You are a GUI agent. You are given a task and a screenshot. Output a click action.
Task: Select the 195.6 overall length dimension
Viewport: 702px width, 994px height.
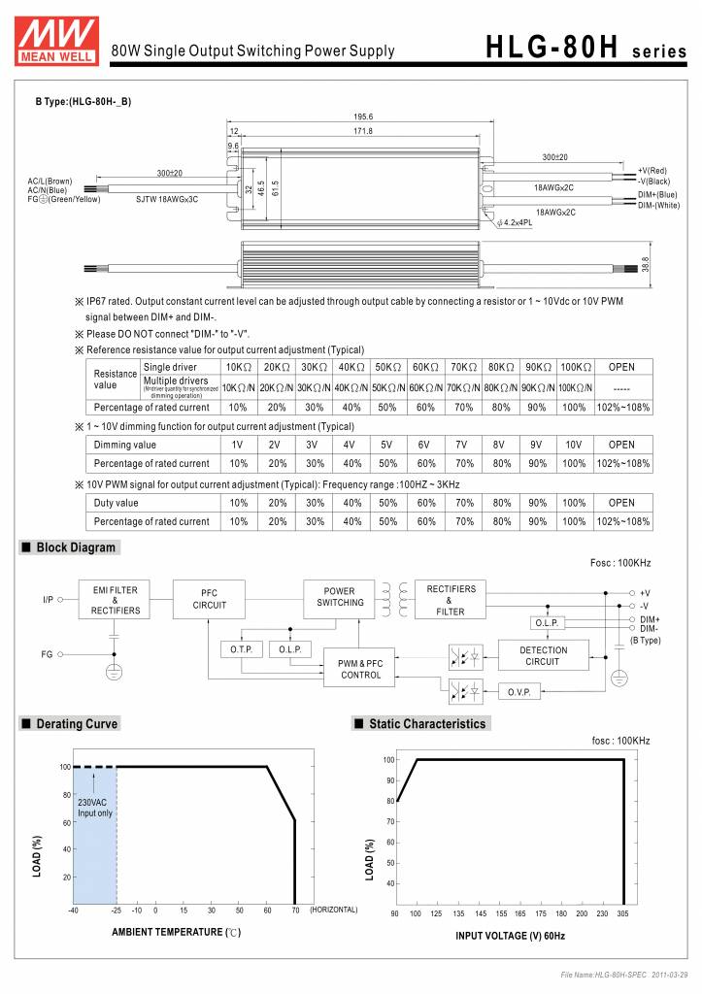[363, 116]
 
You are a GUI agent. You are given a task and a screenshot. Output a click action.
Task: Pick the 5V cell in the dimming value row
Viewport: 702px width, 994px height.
[386, 445]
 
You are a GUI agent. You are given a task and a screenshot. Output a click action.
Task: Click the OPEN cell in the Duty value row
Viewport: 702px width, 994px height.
[621, 503]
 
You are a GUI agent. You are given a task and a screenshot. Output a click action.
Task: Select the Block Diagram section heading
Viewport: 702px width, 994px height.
[76, 547]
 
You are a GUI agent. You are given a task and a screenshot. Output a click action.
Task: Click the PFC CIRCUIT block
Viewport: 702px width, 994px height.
[209, 598]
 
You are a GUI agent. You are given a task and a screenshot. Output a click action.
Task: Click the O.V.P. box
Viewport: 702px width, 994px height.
[525, 693]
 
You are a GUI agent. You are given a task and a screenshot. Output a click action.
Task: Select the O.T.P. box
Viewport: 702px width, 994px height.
[242, 648]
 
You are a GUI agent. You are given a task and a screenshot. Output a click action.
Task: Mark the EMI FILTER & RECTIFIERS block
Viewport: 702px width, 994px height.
[115, 600]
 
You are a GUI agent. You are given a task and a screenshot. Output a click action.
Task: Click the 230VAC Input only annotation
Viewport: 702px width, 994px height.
[94, 808]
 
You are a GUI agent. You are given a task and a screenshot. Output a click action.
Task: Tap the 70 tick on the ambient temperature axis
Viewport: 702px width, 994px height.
[294, 910]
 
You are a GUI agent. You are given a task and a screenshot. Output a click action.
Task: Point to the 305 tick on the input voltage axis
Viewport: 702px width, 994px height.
[623, 914]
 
